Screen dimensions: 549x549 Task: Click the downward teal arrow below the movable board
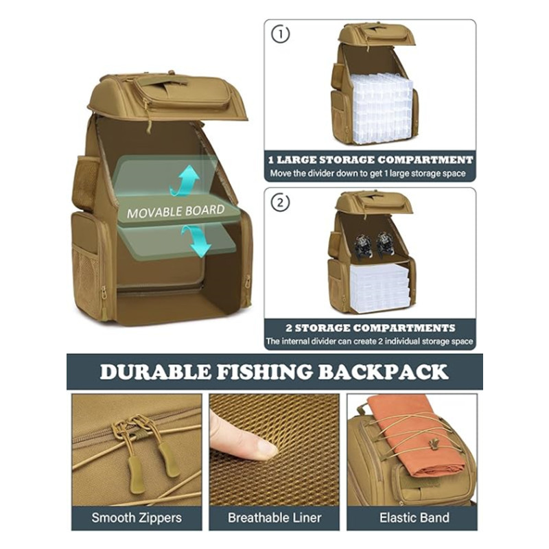coord(198,242)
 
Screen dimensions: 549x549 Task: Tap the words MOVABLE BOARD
coord(176,211)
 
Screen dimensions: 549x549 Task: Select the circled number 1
coord(281,34)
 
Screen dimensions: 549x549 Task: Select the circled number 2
coord(281,202)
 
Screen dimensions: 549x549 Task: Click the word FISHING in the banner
coord(264,372)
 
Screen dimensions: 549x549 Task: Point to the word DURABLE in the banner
coord(156,372)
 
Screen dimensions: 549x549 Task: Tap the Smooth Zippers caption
coord(137,518)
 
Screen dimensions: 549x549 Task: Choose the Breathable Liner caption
coord(274,518)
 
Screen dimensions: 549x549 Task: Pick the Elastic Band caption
coord(414,518)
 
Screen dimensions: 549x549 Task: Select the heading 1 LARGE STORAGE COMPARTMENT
coord(371,160)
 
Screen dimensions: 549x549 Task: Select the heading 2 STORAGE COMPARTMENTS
coord(371,328)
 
